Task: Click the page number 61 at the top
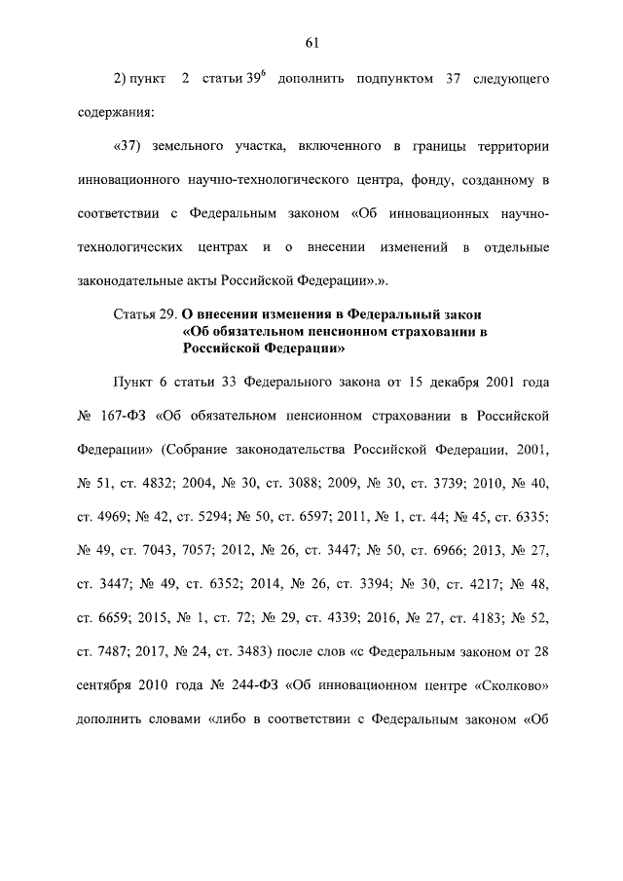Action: pyautogui.click(x=311, y=42)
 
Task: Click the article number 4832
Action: pyautogui.click(x=171, y=485)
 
